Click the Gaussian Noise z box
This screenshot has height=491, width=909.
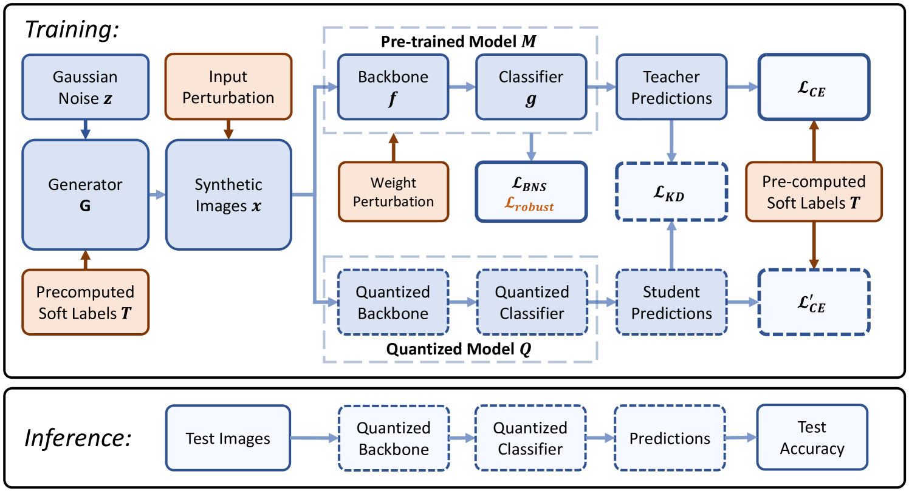pyautogui.click(x=85, y=87)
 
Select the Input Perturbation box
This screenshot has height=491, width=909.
pyautogui.click(x=228, y=87)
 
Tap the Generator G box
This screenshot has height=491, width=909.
pyautogui.click(x=85, y=195)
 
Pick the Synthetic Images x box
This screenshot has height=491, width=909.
pyautogui.click(x=228, y=195)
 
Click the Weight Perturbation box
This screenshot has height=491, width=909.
pyautogui.click(x=393, y=192)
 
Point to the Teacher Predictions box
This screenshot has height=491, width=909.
pyautogui.click(x=671, y=87)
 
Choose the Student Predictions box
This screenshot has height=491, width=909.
pyautogui.click(x=671, y=302)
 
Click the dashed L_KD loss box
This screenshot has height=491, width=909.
pyautogui.click(x=671, y=192)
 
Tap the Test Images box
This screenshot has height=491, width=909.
pyautogui.click(x=228, y=438)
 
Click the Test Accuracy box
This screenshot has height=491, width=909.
pyautogui.click(x=812, y=438)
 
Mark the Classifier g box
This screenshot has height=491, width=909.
pyautogui.click(x=531, y=87)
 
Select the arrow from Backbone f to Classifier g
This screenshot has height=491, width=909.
pyautogui.click(x=462, y=87)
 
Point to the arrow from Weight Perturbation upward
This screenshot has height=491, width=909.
pyautogui.click(x=393, y=147)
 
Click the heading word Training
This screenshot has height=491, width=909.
pyautogui.click(x=72, y=30)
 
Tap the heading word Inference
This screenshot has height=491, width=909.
pyautogui.click(x=78, y=438)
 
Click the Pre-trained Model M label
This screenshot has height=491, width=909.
pyautogui.click(x=459, y=41)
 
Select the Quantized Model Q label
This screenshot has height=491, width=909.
pyautogui.click(x=459, y=349)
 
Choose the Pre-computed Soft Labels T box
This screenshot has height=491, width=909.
pyautogui.click(x=814, y=192)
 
